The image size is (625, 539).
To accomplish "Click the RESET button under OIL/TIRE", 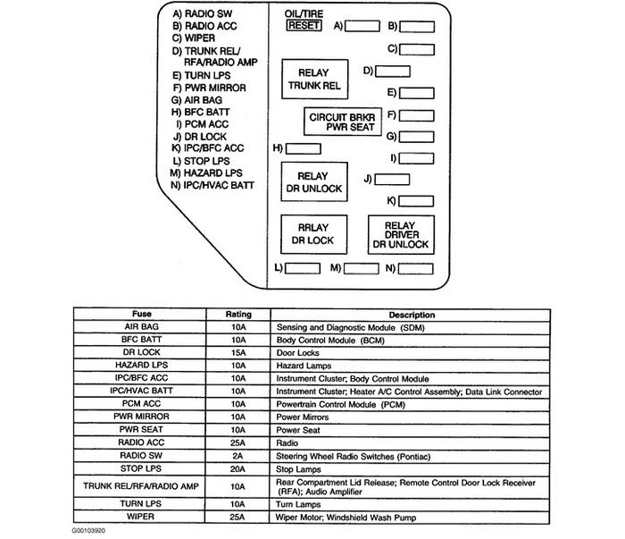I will point(303,26).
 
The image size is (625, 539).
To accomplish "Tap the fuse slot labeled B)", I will point(418,27).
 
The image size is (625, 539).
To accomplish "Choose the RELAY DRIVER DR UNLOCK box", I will point(400,235).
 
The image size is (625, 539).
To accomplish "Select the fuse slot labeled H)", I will point(304,147).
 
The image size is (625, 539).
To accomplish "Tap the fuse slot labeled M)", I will point(361,268).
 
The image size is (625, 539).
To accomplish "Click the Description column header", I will point(412,316).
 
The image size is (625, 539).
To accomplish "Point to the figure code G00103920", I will point(96,531).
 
